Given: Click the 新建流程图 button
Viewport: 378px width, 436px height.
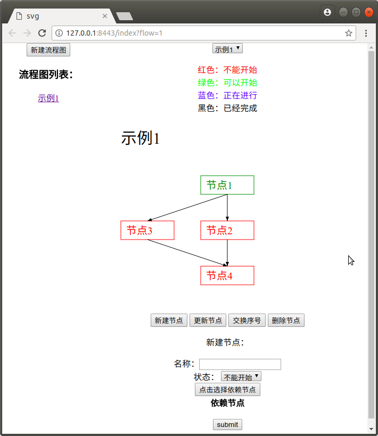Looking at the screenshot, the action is pyautogui.click(x=48, y=50).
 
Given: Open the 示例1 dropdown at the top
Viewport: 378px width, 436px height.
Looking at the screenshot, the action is pyautogui.click(x=227, y=48).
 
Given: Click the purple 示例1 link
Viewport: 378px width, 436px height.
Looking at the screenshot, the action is pyautogui.click(x=48, y=98).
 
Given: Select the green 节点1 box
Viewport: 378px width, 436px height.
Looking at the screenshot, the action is pyautogui.click(x=227, y=185).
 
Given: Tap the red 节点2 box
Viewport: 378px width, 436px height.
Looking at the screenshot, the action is pyautogui.click(x=227, y=230).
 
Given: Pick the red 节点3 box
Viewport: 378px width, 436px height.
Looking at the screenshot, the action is pyautogui.click(x=147, y=230).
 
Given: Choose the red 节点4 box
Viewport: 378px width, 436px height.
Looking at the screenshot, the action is pyautogui.click(x=227, y=276).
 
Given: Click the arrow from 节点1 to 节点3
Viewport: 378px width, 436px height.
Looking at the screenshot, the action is pyautogui.click(x=187, y=208).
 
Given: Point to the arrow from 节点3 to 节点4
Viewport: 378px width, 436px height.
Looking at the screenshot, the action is pyautogui.click(x=187, y=253).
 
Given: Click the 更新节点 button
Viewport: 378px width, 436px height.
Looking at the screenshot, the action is pyautogui.click(x=208, y=320).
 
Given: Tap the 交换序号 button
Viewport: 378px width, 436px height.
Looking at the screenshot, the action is pyautogui.click(x=247, y=320).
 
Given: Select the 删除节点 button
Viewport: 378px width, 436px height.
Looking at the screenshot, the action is pyautogui.click(x=286, y=320).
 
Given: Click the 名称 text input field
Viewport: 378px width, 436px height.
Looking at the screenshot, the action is pyautogui.click(x=240, y=364).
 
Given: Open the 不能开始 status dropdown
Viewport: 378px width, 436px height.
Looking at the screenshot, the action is pyautogui.click(x=241, y=376).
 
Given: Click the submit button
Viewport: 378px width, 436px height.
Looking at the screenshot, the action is pyautogui.click(x=227, y=425).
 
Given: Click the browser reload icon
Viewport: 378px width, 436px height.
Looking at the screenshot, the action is pyautogui.click(x=42, y=33).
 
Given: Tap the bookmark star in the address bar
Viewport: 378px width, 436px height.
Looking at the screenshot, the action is pyautogui.click(x=349, y=33).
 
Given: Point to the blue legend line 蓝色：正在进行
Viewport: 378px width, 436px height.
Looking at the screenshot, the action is pyautogui.click(x=227, y=95).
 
